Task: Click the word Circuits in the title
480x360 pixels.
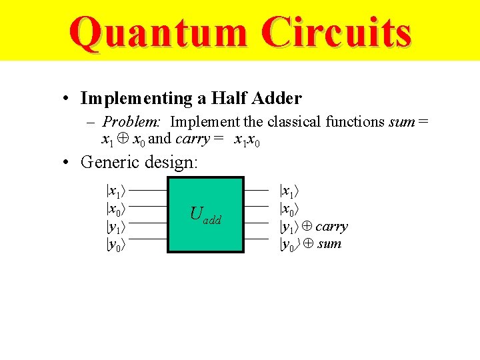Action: point(335,33)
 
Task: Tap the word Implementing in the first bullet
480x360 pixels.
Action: point(135,99)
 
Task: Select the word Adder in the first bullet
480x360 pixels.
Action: point(277,99)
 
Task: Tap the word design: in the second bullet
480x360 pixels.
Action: point(171,162)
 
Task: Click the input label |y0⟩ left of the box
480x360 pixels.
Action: point(116,243)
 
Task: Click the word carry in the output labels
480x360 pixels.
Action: point(331,227)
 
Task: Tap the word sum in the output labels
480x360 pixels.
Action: point(329,244)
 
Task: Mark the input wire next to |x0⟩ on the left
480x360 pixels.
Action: point(147,206)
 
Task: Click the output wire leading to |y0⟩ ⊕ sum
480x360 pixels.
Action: point(257,238)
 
